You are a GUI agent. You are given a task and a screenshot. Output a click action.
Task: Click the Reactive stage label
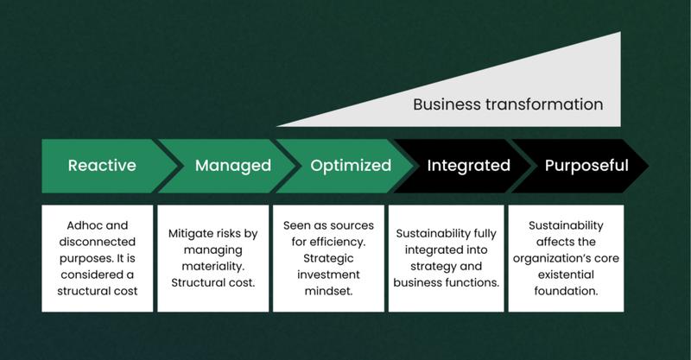102,165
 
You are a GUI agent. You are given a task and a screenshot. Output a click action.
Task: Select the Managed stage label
233,166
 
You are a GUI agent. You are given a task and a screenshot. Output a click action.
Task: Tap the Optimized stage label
351,166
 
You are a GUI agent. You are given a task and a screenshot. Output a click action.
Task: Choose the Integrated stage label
468,166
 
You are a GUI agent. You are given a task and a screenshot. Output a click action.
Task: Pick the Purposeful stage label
586,166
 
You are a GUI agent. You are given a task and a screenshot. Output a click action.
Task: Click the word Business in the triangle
447,104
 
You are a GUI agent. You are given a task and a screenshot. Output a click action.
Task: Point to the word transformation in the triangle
544,104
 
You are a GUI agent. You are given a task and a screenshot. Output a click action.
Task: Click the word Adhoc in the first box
85,225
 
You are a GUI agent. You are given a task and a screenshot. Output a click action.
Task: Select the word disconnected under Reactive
98,242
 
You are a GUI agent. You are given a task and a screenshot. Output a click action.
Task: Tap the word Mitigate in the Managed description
188,234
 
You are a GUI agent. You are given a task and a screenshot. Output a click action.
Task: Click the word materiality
212,266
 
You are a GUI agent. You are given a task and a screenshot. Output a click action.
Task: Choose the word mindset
329,291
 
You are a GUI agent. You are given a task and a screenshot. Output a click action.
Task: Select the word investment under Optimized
328,275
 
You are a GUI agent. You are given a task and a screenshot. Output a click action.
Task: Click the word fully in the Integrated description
485,234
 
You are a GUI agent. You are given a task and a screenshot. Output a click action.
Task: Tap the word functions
473,282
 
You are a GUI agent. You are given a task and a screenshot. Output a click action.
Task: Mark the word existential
566,275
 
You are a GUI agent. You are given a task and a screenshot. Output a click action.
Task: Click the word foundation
566,291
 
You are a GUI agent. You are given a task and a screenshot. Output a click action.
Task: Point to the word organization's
551,259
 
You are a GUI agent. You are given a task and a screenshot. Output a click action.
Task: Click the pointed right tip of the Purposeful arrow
649,166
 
